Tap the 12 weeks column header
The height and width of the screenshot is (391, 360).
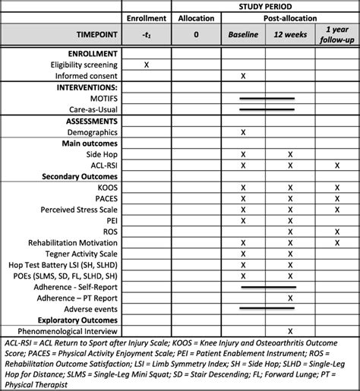pyautogui.click(x=289, y=35)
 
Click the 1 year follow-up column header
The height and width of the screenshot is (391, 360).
pyautogui.click(x=336, y=35)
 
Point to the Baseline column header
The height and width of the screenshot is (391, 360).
pyautogui.click(x=244, y=35)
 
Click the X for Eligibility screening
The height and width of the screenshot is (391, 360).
pyautogui.click(x=146, y=65)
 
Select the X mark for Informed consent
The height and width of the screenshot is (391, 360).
pyautogui.click(x=244, y=76)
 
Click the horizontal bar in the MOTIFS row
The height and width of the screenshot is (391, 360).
pyautogui.click(x=266, y=98)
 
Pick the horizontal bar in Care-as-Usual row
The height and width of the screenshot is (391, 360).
pyautogui.click(x=266, y=109)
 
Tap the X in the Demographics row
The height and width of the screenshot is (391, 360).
pyautogui.click(x=244, y=131)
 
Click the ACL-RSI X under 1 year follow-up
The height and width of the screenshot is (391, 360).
pyautogui.click(x=336, y=165)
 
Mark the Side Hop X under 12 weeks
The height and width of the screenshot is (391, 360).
pyautogui.click(x=290, y=153)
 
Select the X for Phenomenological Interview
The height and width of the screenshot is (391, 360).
pyautogui.click(x=290, y=330)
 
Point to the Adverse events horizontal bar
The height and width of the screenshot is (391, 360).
pyautogui.click(x=266, y=308)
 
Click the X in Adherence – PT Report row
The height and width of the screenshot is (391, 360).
pyautogui.click(x=290, y=298)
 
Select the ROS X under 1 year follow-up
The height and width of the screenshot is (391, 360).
pyautogui.click(x=336, y=231)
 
